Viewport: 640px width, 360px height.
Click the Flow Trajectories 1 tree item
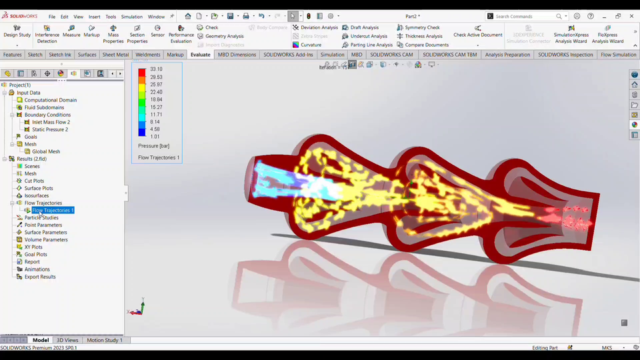coord(53,211)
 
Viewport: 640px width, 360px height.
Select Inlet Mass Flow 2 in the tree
coord(51,122)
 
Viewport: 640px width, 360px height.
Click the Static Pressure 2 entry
coord(50,129)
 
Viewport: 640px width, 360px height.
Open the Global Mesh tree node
coord(46,151)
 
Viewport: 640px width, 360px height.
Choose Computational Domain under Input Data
coord(50,100)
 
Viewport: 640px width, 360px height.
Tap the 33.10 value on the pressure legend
coord(156,69)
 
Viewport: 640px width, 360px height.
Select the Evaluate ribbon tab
coord(200,55)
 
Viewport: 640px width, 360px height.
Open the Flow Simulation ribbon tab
coord(618,55)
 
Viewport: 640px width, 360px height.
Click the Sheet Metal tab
coord(115,55)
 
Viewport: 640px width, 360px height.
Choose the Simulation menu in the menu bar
coord(131,17)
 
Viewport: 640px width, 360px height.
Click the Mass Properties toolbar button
coord(113,34)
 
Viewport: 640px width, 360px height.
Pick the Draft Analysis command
coord(364,28)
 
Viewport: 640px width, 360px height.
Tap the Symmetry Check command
coord(422,28)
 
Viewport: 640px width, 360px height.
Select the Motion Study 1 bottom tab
coord(105,341)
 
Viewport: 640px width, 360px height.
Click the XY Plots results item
coord(33,247)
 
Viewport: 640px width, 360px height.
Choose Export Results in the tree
coord(40,277)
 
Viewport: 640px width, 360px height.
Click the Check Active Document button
coord(478,35)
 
